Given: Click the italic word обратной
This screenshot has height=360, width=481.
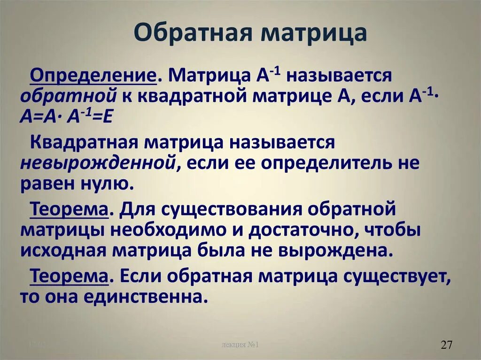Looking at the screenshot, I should click(x=68, y=95).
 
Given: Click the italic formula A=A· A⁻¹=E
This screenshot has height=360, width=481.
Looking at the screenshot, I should click(x=66, y=116).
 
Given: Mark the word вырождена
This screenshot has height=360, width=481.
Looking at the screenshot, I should click(x=346, y=250).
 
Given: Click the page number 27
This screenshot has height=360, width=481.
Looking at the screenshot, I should click(x=446, y=345).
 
